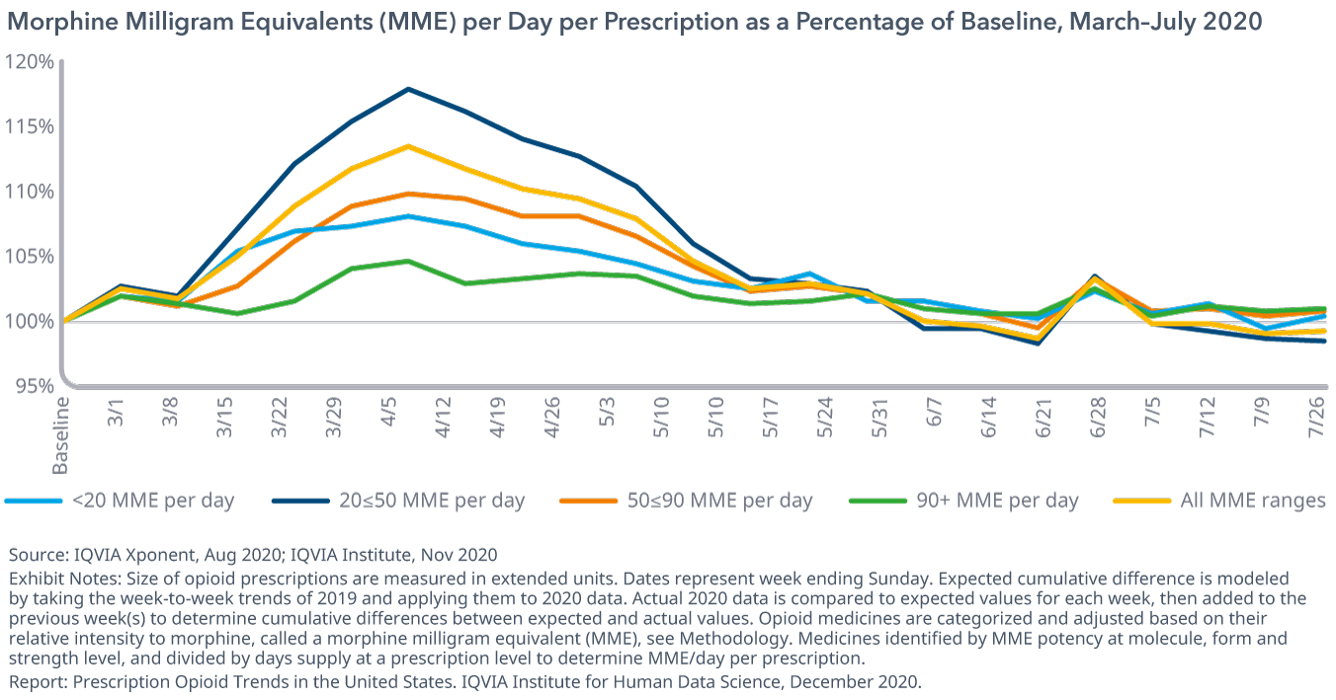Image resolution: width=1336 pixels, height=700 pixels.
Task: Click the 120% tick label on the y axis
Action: tap(28, 62)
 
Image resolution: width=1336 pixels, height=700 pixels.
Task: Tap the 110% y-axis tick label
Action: tap(28, 192)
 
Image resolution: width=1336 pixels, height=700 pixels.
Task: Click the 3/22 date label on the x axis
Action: tap(282, 422)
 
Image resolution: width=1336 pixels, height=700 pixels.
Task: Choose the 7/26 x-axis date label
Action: tap(1316, 422)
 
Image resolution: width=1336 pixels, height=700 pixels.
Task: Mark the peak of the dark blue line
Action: tap(408, 89)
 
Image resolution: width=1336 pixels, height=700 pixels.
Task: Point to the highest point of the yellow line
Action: tap(408, 146)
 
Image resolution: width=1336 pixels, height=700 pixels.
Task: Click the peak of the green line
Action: tap(408, 261)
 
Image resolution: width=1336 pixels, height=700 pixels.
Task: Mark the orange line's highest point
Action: tap(408, 194)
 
